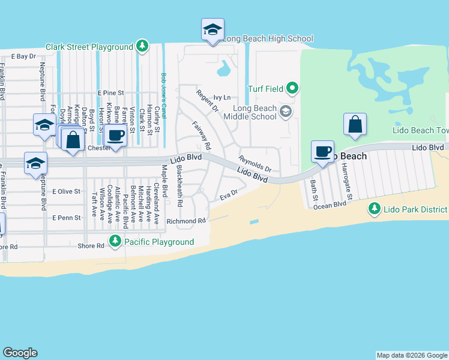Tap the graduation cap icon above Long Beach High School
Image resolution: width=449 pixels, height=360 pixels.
pos(212,30)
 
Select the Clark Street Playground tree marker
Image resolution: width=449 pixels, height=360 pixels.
pos(142,46)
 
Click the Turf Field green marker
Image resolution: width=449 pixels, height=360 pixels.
pos(292,89)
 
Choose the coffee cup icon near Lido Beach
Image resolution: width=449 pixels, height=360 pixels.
pos(323,151)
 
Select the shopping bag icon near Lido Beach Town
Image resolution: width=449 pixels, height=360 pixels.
pos(355,124)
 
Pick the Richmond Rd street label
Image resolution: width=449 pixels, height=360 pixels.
pos(186,221)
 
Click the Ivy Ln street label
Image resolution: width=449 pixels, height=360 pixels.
pos(222,97)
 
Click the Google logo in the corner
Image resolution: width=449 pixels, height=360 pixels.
pos(20,353)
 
